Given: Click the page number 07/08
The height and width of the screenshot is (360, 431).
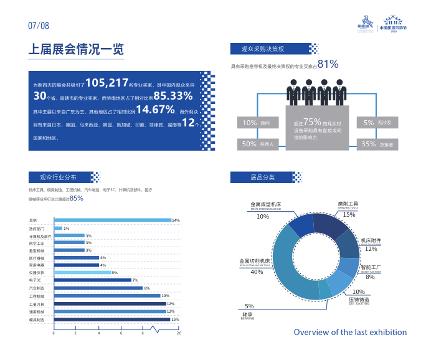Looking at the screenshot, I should coord(39,26).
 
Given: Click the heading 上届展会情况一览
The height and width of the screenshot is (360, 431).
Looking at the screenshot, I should coord(76,50).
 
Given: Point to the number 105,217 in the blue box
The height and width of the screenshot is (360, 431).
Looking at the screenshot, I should coord(107,83).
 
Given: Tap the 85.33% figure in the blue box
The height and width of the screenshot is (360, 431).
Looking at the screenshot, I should coord(173,96).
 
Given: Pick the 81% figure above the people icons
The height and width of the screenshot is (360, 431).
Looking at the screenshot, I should coord(328,64).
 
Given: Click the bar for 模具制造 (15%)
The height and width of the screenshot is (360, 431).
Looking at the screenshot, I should coord(112,320).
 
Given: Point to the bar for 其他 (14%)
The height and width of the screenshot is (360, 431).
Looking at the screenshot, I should coord(113,220).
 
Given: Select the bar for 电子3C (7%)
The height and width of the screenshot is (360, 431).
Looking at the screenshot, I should coord(93,280).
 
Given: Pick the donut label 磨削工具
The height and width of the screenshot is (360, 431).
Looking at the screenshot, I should coord(348,204).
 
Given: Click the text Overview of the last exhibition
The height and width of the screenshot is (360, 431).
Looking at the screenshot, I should coord(350,332).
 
